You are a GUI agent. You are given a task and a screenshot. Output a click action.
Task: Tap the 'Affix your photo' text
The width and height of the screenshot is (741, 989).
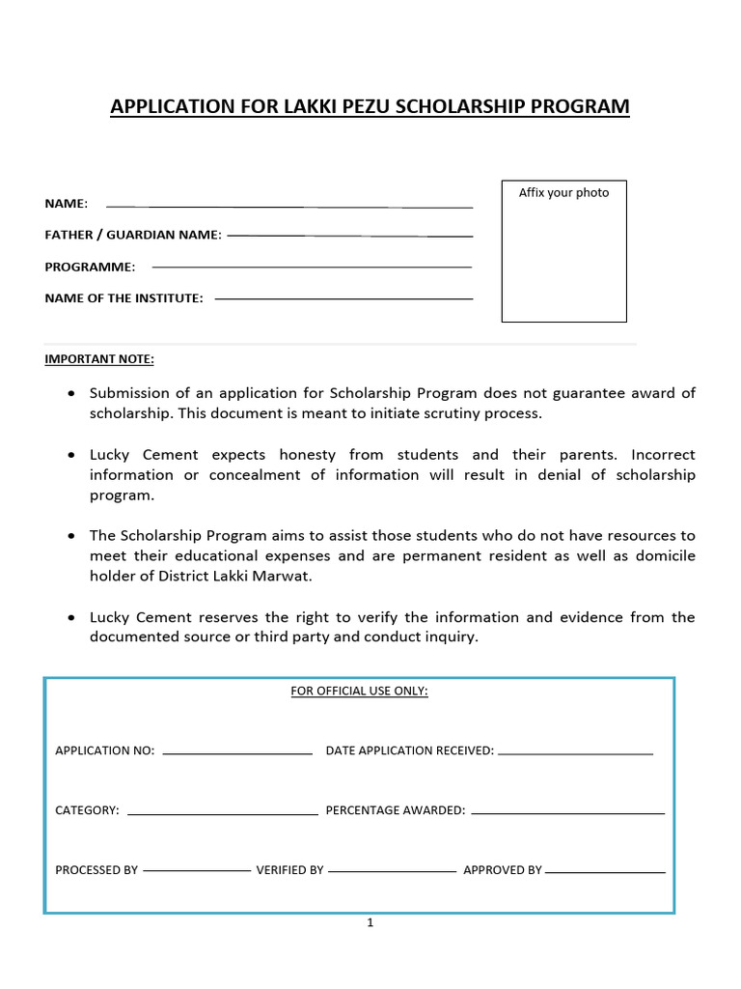coord(563,192)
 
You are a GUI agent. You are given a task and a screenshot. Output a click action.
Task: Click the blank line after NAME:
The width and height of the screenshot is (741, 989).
coord(289,207)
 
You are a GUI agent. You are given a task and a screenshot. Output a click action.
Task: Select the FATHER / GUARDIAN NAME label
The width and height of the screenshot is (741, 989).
coord(133,235)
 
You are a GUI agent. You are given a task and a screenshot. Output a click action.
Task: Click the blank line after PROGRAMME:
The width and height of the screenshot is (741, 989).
coord(312,267)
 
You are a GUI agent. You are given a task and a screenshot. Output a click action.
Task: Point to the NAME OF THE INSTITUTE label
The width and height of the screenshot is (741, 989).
coord(123,298)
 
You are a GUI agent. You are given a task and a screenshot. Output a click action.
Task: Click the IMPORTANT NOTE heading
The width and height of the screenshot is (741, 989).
coord(99,359)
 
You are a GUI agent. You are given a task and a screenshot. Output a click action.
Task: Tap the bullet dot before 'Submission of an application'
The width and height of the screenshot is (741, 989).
coord(71,394)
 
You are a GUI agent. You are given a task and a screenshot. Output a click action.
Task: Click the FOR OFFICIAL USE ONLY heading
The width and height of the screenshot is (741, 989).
coord(359,692)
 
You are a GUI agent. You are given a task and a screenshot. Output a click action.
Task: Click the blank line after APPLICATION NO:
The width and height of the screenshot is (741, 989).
coord(237,752)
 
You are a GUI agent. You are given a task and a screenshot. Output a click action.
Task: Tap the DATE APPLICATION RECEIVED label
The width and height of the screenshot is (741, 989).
coord(410,750)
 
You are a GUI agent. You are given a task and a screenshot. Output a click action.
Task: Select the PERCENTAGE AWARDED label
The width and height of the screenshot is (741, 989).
coord(396,810)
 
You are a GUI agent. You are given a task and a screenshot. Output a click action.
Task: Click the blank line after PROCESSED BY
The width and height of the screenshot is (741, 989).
coord(196,871)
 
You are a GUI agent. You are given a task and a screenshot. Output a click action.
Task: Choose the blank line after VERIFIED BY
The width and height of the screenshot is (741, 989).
coord(392,871)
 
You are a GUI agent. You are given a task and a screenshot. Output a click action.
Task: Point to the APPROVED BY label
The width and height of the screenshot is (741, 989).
coord(503,870)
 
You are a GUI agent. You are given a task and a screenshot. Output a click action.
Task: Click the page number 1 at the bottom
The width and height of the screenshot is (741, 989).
coord(370,923)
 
